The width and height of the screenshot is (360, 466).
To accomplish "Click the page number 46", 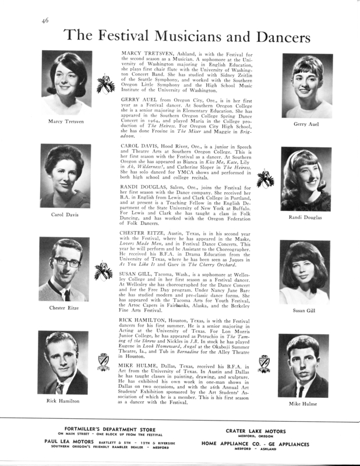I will coord(44,21).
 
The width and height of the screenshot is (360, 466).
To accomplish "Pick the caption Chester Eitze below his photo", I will coord(65,308).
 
